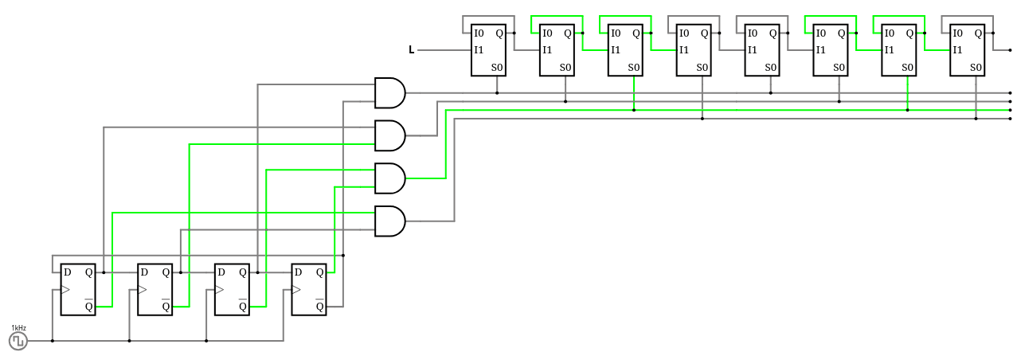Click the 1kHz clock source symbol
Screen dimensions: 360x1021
(x=18, y=341)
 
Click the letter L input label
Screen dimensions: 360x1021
(x=412, y=50)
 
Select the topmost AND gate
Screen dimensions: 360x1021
(x=389, y=92)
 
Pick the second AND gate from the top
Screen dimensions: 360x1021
(x=389, y=135)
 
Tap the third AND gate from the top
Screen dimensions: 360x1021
(x=389, y=178)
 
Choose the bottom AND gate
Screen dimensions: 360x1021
(x=389, y=221)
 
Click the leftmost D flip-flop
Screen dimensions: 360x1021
(x=78, y=289)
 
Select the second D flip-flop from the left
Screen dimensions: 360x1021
(x=155, y=289)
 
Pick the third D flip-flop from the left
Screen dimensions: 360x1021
(x=232, y=289)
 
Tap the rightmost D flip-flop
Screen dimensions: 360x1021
(x=308, y=289)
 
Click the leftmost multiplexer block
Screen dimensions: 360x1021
(x=488, y=50)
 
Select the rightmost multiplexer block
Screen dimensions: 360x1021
(x=967, y=50)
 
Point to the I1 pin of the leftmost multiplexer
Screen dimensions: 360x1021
(x=479, y=50)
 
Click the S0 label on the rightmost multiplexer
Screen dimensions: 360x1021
(x=976, y=68)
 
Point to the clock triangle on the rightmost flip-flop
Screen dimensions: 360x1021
(x=296, y=289)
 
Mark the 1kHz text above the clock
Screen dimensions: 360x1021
(x=18, y=328)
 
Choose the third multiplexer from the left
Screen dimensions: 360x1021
(x=625, y=50)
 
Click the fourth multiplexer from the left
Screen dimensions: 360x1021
(x=694, y=50)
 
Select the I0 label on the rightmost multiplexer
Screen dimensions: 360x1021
(x=957, y=33)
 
